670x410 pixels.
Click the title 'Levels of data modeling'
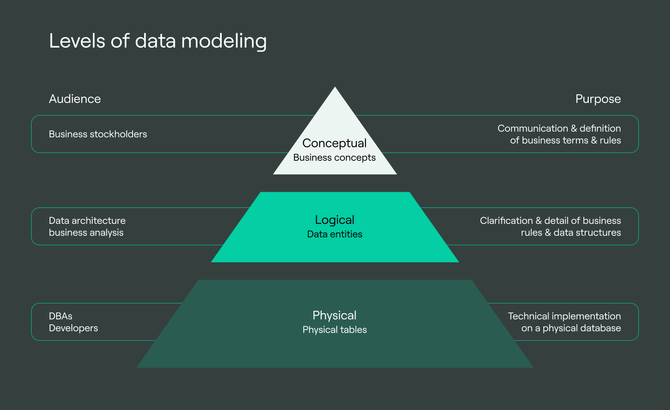[x=158, y=41]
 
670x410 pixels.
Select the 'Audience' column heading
[x=75, y=99]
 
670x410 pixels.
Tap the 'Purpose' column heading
[x=598, y=99]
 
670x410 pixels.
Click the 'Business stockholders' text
[x=98, y=134]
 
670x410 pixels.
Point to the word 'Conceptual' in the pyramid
[x=334, y=143]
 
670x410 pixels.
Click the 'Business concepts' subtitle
[x=334, y=157]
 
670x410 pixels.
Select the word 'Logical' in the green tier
[x=335, y=220]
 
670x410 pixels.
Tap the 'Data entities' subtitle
[x=335, y=234]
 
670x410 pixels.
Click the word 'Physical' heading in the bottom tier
[x=334, y=315]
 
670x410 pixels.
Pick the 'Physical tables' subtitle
[x=335, y=330]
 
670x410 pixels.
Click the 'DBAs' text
[x=60, y=316]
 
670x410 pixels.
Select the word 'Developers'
[x=73, y=328]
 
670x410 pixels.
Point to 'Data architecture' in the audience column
[x=87, y=221]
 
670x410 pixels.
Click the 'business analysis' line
[x=86, y=232]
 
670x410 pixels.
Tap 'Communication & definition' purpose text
[x=559, y=128]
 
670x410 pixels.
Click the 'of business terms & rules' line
[x=565, y=140]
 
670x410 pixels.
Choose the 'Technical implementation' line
[x=564, y=316]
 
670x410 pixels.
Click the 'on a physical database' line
[x=571, y=328]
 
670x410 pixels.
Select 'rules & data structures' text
[x=571, y=232]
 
